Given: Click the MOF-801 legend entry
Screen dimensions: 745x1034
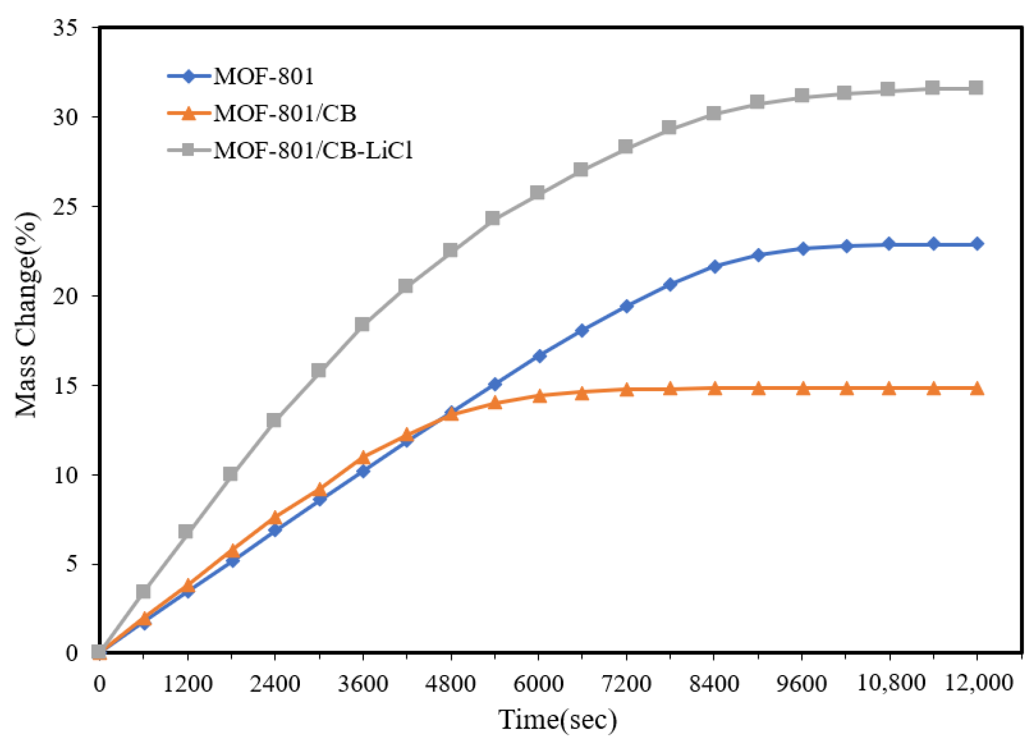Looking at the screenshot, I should click(x=263, y=76).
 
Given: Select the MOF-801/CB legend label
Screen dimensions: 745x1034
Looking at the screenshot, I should click(x=285, y=114).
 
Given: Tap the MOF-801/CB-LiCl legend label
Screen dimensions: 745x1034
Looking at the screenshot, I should click(x=313, y=150).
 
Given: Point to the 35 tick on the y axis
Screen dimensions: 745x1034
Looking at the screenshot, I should click(x=65, y=27).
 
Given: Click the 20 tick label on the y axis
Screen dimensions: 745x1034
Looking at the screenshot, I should click(x=65, y=296).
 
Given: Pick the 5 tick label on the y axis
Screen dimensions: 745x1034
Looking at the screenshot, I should click(x=72, y=564).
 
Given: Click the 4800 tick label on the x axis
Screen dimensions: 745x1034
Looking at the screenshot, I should click(x=450, y=684).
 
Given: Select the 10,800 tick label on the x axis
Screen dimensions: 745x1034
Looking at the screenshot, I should click(x=891, y=683).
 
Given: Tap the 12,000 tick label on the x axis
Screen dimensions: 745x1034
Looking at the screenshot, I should click(x=979, y=683).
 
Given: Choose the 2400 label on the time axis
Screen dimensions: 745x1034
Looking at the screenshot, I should click(x=275, y=684).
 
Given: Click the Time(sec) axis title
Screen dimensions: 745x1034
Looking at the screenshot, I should click(x=557, y=720).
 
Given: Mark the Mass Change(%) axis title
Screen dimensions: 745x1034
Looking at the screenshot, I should click(x=26, y=315).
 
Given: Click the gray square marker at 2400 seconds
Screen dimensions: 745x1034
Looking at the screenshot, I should click(x=274, y=420).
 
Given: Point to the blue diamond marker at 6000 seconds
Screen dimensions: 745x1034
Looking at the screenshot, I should click(x=539, y=356).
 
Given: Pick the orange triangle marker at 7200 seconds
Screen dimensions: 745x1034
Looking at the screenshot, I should click(x=627, y=389).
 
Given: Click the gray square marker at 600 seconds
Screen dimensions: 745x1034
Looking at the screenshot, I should click(x=143, y=591).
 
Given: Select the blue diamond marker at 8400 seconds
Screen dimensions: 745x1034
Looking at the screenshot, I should click(x=714, y=267).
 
